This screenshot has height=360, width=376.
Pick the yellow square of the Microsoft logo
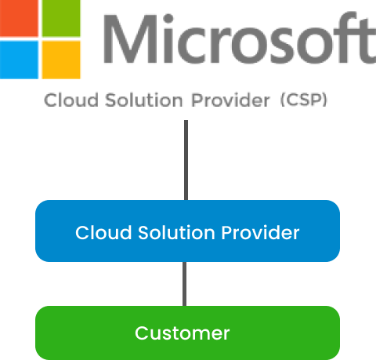61,60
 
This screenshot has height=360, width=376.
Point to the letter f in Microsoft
342,38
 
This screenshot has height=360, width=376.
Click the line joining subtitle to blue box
185,160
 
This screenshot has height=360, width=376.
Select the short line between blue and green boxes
185,283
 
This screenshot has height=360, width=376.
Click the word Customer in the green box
183,333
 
